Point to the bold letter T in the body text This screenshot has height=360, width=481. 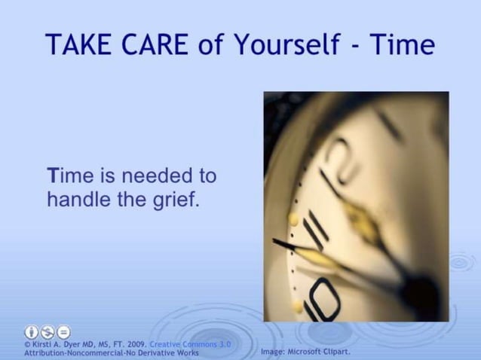click(52, 176)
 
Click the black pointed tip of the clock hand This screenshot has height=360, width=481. click(279, 242)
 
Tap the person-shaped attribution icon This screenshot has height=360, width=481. click(31, 332)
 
